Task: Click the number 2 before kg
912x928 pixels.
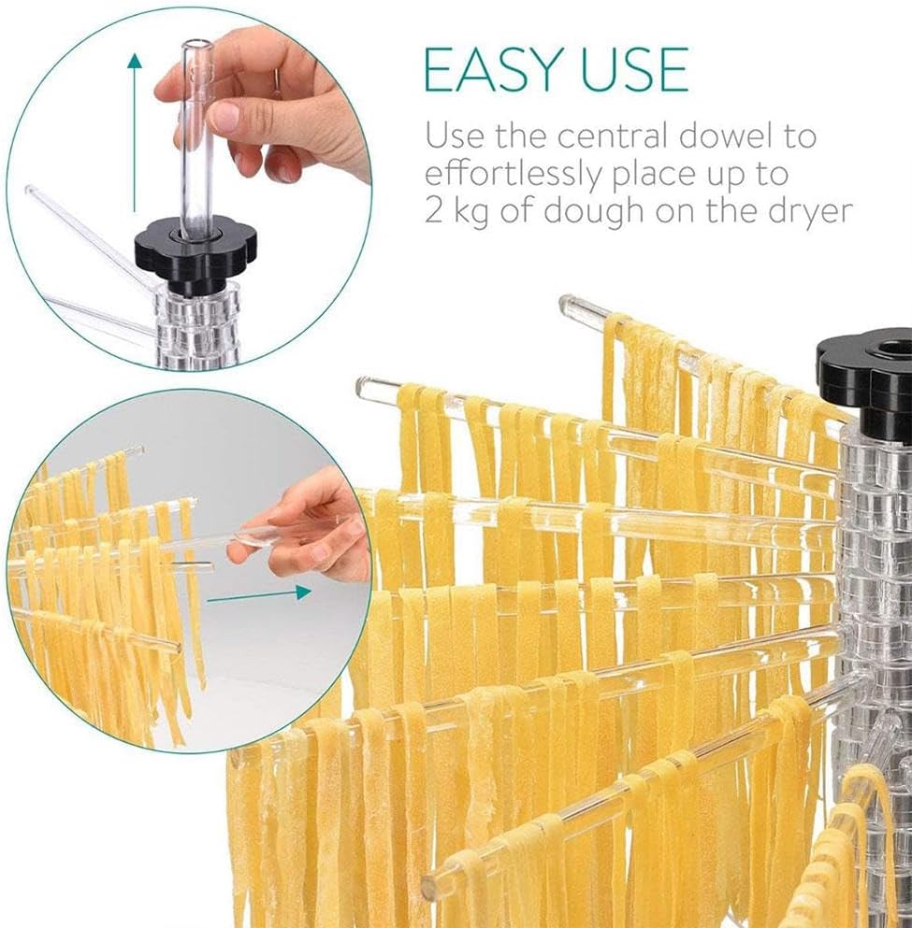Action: click(433, 212)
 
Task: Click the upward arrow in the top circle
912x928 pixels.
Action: click(135, 131)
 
